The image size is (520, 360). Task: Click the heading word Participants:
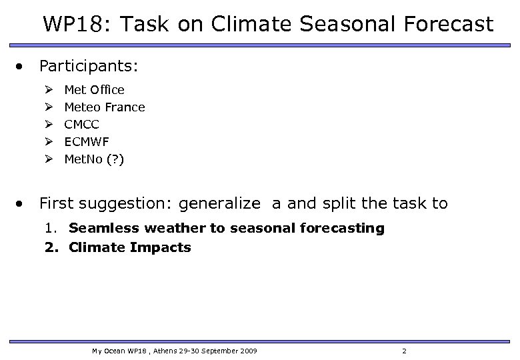click(x=89, y=66)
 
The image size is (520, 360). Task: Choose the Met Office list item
click(x=94, y=89)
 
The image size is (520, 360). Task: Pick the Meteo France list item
click(x=104, y=107)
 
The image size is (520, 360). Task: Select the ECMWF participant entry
click(x=87, y=141)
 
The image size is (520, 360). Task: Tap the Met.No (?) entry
click(x=93, y=159)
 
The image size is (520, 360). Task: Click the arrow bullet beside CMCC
click(x=49, y=124)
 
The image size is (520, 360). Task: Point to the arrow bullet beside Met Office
click(x=49, y=89)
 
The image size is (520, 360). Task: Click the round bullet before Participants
click(x=23, y=67)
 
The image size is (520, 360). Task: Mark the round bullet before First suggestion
click(x=23, y=203)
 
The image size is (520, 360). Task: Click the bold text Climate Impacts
click(x=130, y=247)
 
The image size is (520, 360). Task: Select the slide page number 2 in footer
click(x=403, y=351)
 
